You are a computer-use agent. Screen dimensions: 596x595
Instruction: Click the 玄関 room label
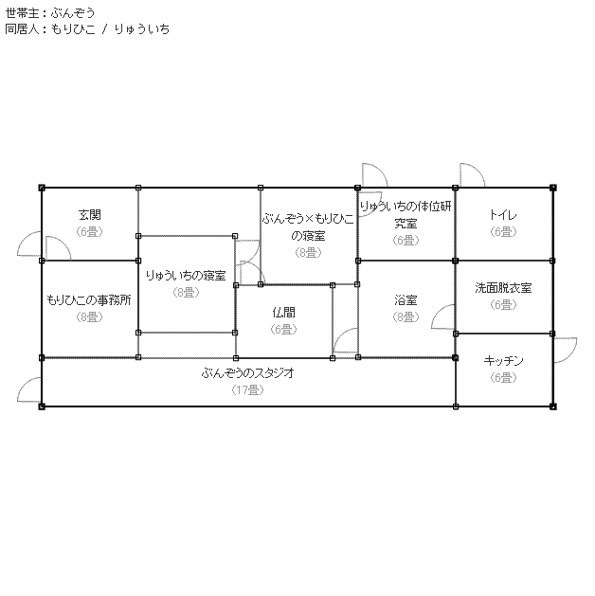pyautogui.click(x=90, y=215)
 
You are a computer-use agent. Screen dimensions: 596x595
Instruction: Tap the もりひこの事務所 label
pyautogui.click(x=89, y=299)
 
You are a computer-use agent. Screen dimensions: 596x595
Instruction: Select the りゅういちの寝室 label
pyautogui.click(x=186, y=276)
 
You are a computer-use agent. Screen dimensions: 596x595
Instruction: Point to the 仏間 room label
pyautogui.click(x=283, y=312)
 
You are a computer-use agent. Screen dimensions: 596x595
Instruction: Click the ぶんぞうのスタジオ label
pyautogui.click(x=247, y=373)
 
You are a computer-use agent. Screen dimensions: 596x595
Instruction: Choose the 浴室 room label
pyautogui.click(x=406, y=300)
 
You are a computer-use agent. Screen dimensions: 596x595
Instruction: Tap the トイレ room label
pyautogui.click(x=503, y=215)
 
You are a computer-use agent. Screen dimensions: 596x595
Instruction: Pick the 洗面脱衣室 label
pyautogui.click(x=503, y=288)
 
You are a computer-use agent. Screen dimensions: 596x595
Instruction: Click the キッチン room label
pyautogui.click(x=503, y=361)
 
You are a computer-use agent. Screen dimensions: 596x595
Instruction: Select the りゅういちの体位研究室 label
pyautogui.click(x=406, y=214)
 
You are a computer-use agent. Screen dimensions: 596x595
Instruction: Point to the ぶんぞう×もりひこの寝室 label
pyautogui.click(x=308, y=226)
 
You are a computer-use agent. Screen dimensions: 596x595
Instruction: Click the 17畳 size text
pyautogui.click(x=247, y=389)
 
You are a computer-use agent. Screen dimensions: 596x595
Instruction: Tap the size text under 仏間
pyautogui.click(x=283, y=329)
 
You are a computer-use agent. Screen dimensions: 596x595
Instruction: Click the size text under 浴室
pyautogui.click(x=406, y=317)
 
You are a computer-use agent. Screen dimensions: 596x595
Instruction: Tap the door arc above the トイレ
pyautogui.click(x=471, y=174)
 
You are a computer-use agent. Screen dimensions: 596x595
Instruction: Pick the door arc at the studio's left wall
pyautogui.click(x=29, y=391)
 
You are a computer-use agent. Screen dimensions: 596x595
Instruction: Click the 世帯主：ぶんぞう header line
pyautogui.click(x=50, y=12)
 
